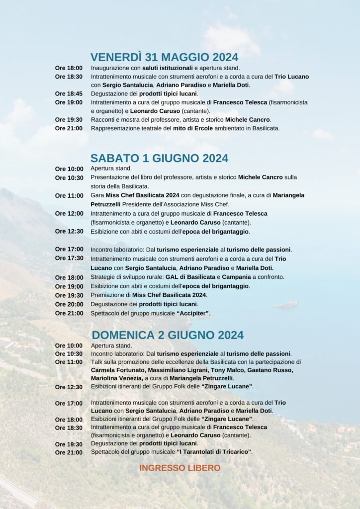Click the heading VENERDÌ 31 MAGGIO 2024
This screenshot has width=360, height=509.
pos(165,57)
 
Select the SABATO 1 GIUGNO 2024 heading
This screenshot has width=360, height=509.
pos(159,158)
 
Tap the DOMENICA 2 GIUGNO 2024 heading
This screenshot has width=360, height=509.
pos(168,335)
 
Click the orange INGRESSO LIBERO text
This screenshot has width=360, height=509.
pos(180,468)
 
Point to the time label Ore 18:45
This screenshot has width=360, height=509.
pos(69,93)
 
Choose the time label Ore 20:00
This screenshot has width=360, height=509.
pos(69,304)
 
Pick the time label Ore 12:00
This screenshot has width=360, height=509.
pos(69,213)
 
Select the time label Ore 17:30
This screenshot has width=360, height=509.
pos(69,258)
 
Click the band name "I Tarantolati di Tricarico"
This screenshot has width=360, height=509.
pos(214,452)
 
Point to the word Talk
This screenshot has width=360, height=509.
pos(96,362)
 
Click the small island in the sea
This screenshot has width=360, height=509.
pos(288,304)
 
